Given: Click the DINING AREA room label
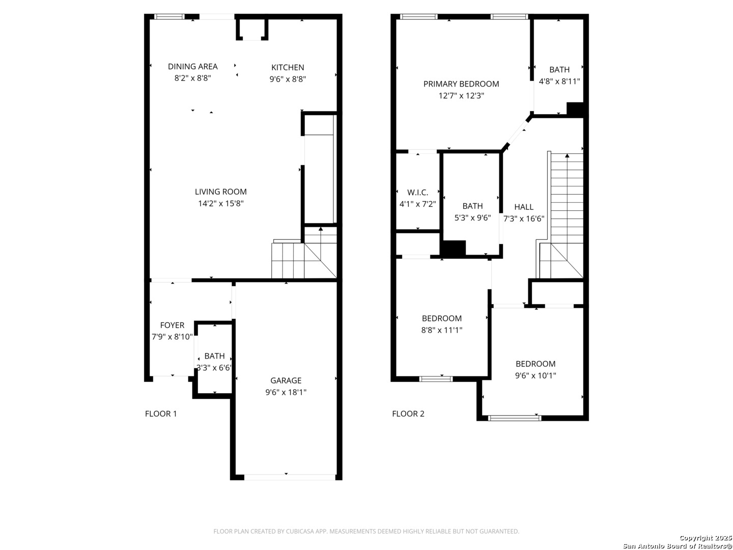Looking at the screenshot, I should tap(192, 67).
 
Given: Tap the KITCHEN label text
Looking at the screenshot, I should tap(288, 68).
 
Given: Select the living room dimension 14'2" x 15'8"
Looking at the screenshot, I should tap(221, 204).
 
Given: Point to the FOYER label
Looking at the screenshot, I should tap(172, 325).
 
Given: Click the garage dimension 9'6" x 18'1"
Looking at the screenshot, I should tap(286, 393).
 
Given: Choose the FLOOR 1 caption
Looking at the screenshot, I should tap(161, 414).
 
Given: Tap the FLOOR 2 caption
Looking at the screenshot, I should tap(408, 414).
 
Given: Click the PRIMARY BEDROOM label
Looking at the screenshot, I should tap(461, 84).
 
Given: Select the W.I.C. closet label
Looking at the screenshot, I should tap(417, 193).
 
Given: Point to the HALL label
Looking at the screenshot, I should tap(524, 207).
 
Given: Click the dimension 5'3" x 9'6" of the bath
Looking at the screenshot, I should tap(472, 218).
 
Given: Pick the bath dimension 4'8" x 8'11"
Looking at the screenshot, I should tap(559, 81).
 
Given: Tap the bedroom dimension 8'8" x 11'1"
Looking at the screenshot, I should tap(442, 330).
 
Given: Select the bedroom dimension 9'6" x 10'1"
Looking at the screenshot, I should tap(535, 376).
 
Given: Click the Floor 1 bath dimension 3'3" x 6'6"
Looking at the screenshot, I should tap(214, 368).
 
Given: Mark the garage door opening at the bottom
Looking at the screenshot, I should tap(289, 477).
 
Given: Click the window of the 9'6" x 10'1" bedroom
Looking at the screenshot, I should tap(514, 418).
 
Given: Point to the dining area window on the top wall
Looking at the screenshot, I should tap(170, 17).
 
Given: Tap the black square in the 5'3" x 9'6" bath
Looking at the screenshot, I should tap(453, 248).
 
